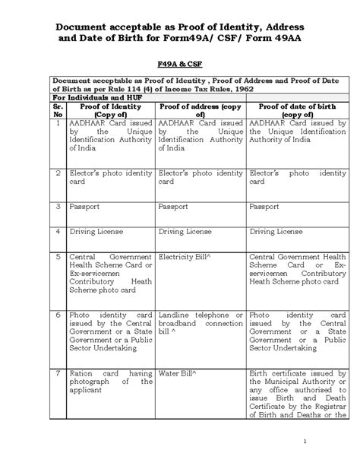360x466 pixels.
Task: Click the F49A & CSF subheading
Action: pos(179,66)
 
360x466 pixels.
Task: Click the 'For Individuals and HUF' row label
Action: pos(92,97)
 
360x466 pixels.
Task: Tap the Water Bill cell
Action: pos(175,373)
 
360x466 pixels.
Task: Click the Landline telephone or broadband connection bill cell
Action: pos(201,322)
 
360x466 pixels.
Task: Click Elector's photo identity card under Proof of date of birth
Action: pos(297,177)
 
